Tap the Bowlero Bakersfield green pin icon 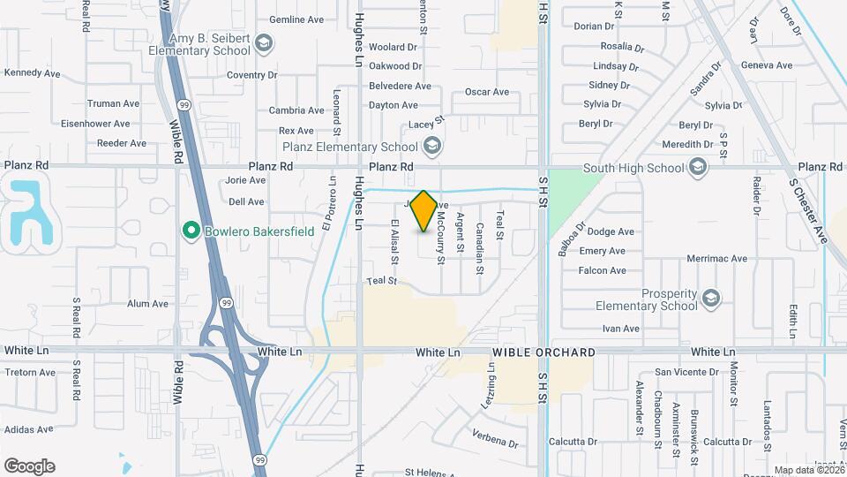pos(189,231)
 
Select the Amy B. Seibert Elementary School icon pos(266,42)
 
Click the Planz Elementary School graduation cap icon pos(431,145)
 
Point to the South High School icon pos(698,167)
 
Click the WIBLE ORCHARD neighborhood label pos(543,352)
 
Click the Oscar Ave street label pos(487,92)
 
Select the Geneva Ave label pos(767,65)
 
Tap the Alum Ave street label pos(147,304)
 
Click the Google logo pos(28,466)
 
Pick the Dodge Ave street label pos(611,231)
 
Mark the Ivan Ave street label pos(620,329)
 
